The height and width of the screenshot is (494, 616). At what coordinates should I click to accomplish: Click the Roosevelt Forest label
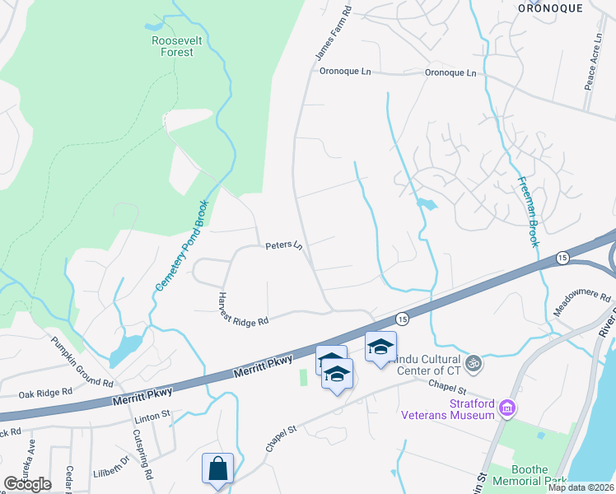tap(172, 46)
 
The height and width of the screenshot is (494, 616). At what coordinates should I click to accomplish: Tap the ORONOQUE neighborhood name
tap(550, 7)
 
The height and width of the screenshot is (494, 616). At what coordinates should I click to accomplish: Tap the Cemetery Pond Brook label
tap(183, 245)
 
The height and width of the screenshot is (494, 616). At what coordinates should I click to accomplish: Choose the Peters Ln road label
tap(284, 246)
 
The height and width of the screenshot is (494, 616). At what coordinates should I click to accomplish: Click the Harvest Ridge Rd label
tap(243, 309)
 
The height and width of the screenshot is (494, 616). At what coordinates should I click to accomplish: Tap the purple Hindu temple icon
tap(473, 362)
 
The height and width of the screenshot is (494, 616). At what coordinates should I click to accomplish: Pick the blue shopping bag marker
tap(217, 469)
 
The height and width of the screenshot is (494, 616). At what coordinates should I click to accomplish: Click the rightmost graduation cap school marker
tap(380, 347)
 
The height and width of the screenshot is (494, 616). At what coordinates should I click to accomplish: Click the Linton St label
tap(152, 420)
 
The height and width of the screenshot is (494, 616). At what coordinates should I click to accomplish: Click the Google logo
tap(26, 484)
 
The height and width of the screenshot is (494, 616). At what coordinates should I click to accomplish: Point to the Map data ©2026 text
tap(581, 487)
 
